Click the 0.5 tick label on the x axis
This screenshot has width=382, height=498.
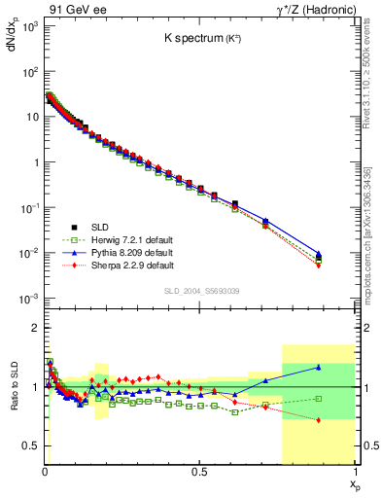click(x=199, y=473)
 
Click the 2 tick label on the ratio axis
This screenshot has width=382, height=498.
click(x=35, y=328)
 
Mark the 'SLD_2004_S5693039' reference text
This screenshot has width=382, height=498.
click(x=198, y=291)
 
